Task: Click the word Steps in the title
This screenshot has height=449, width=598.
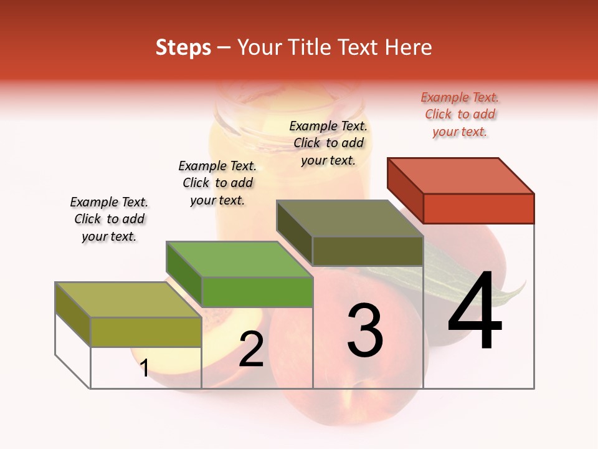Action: coord(183,47)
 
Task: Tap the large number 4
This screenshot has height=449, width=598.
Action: coord(475,311)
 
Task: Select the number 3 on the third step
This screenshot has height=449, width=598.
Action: coord(365,330)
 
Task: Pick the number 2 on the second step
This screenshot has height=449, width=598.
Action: coord(252,349)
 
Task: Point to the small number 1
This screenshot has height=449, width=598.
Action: coord(145,368)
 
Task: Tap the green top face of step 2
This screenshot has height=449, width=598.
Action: coord(239,259)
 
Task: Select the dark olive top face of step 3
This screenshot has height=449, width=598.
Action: coord(350,218)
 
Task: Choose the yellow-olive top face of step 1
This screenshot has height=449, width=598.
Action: coord(128,299)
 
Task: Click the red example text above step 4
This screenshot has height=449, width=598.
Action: coord(460,114)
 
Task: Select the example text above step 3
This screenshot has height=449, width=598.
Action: coord(328,143)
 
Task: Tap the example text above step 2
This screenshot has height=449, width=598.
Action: coord(217,183)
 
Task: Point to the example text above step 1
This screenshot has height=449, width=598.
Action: coord(109,219)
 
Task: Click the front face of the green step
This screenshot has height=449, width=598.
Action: coord(257,292)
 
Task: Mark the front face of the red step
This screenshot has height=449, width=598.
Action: coord(478,208)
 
